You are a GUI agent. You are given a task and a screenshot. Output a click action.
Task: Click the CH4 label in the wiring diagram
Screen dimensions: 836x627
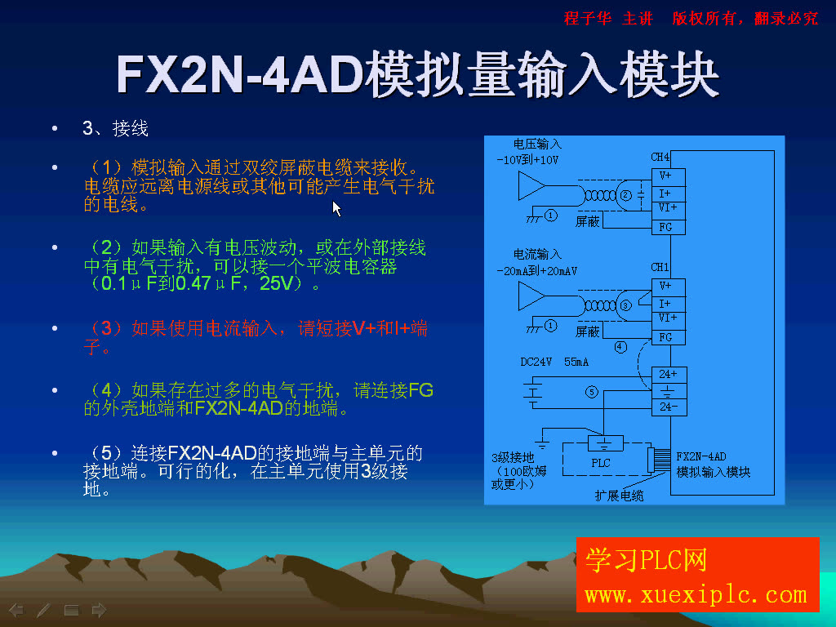coord(660,157)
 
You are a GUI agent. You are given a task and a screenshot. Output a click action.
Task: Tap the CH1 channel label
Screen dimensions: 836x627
coord(660,267)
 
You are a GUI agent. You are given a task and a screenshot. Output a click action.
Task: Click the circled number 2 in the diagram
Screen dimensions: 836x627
coord(626,195)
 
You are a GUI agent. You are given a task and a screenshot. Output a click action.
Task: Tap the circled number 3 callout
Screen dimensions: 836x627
coord(626,305)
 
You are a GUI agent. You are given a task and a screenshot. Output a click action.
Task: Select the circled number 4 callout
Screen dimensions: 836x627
coord(620,347)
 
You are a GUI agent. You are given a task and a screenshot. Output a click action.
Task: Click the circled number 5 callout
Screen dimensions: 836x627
coord(592,392)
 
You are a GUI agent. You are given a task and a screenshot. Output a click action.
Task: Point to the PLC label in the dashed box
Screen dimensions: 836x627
coord(601,463)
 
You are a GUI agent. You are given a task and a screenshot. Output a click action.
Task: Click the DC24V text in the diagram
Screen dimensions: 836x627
coord(536,362)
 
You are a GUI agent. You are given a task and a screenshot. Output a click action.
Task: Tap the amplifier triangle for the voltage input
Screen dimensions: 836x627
coord(531,187)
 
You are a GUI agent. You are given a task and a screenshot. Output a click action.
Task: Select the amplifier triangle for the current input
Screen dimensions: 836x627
coord(531,296)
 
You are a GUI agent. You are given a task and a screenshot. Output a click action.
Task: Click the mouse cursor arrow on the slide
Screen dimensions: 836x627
coord(336,208)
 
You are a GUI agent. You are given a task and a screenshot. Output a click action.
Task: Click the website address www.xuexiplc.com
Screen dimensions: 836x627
coord(696,594)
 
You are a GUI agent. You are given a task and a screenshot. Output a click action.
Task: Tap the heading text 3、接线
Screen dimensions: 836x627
coord(115,128)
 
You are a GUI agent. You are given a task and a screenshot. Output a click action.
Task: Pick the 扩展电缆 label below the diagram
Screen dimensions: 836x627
coord(619,496)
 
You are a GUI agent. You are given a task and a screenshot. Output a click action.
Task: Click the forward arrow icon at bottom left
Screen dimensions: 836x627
coord(99,609)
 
